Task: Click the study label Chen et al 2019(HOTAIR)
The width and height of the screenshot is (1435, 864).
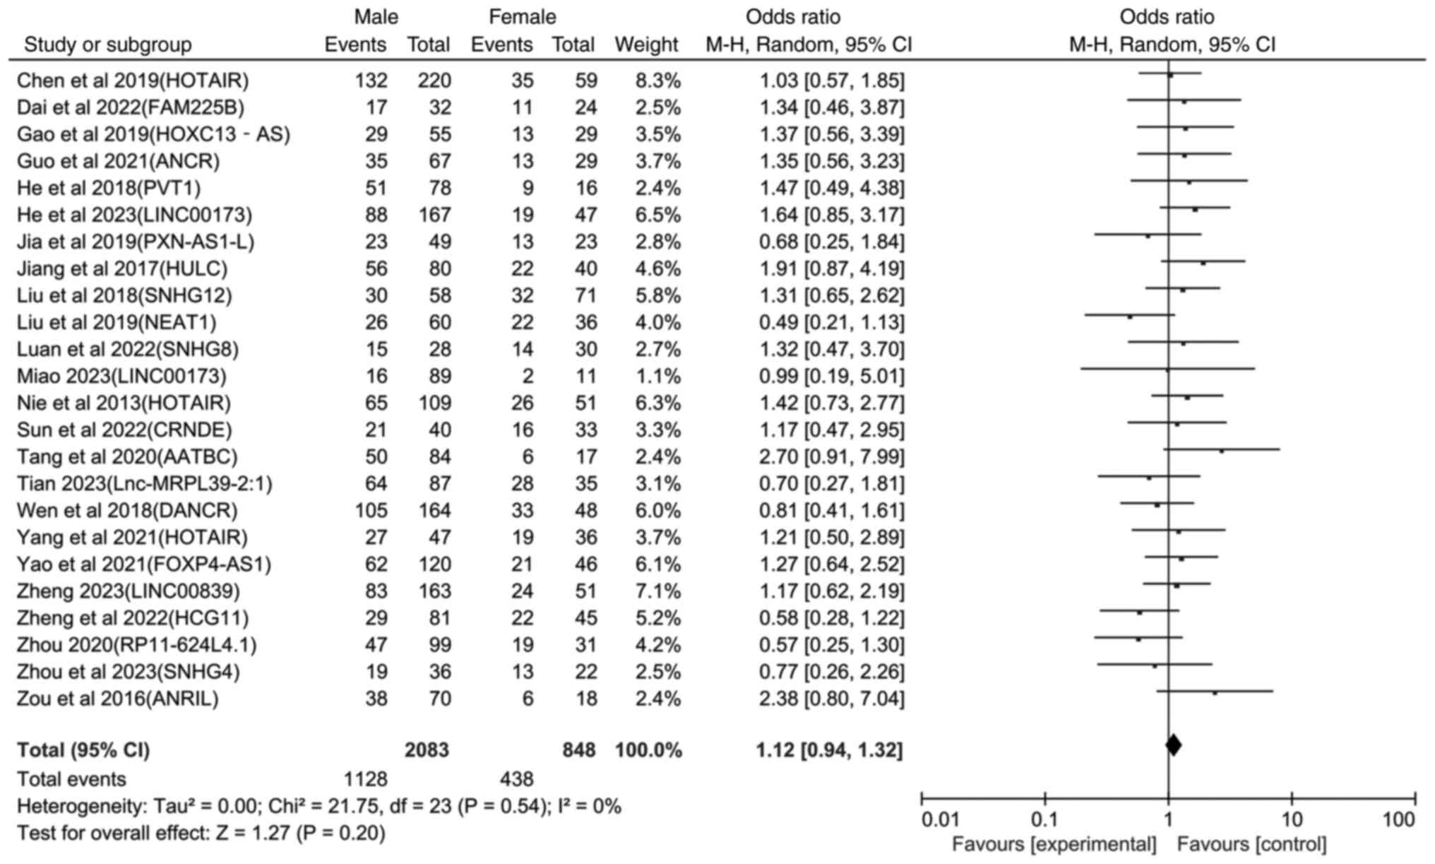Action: [133, 81]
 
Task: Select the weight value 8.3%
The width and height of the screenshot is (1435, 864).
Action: [648, 81]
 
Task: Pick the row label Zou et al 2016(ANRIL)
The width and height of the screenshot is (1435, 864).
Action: [118, 699]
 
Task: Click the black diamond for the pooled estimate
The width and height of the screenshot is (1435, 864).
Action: [1173, 745]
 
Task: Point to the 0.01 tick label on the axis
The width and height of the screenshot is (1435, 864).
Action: [941, 819]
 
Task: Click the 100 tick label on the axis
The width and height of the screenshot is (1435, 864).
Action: [1399, 819]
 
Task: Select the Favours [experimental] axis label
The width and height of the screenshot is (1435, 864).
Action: [1054, 844]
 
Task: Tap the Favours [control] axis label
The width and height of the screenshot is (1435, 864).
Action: [1251, 844]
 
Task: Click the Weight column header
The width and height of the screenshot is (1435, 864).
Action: [645, 45]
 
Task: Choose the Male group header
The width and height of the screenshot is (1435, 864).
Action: [376, 17]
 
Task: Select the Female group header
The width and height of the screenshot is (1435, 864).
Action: [523, 17]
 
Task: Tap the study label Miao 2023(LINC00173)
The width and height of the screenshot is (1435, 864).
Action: [121, 376]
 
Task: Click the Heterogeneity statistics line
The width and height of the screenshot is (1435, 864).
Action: [318, 806]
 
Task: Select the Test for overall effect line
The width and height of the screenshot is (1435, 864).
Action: [201, 833]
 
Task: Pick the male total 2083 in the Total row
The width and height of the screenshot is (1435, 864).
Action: [427, 750]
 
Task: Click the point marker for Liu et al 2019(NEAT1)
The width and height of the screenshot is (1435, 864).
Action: [1130, 317]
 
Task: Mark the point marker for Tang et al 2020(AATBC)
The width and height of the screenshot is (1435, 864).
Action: [1221, 450]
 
